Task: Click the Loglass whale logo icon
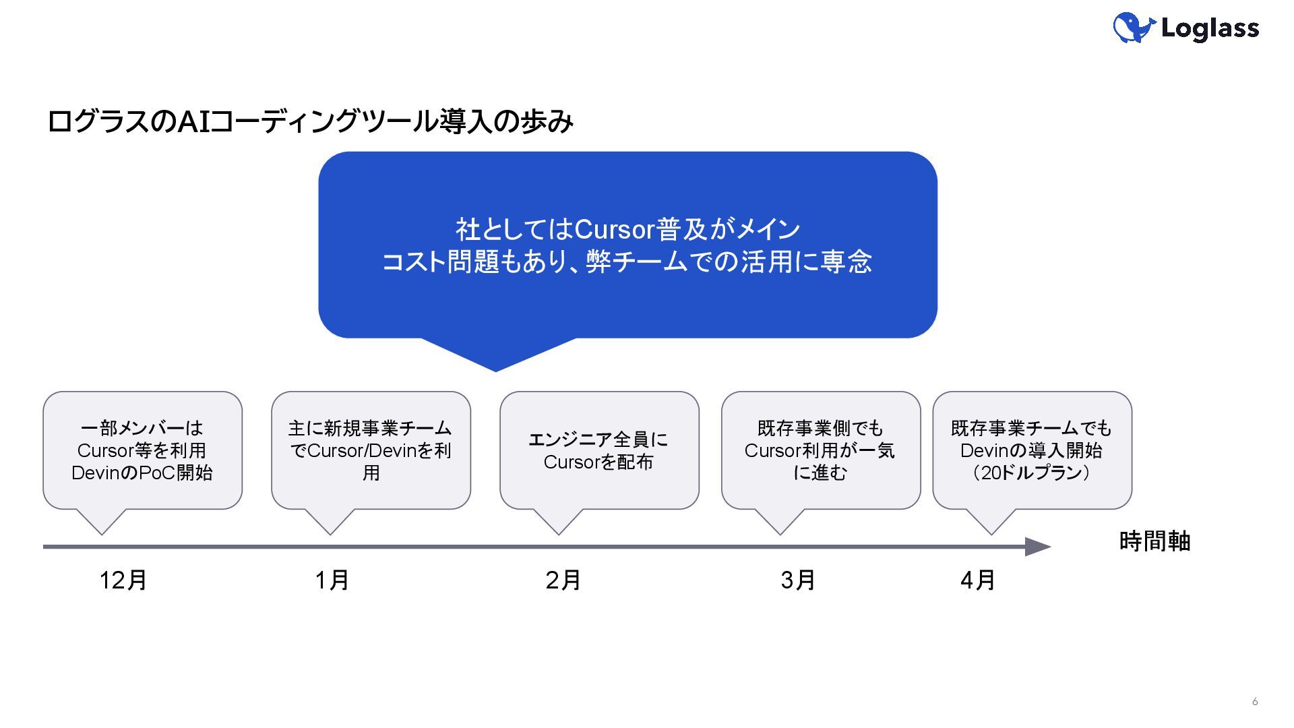(x=1134, y=28)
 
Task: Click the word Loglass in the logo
(x=1210, y=28)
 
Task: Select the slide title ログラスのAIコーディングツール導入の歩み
(x=310, y=121)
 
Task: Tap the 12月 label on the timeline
(x=123, y=580)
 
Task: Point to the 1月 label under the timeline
(x=332, y=580)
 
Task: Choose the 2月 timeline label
(x=563, y=580)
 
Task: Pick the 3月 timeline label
(x=798, y=580)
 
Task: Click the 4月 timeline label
(x=977, y=580)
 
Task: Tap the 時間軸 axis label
(x=1154, y=541)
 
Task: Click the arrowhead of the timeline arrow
(x=1038, y=547)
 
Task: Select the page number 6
(x=1255, y=702)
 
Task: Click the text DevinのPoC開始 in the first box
(x=142, y=473)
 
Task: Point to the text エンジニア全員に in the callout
(x=598, y=439)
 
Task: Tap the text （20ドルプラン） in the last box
(x=1032, y=473)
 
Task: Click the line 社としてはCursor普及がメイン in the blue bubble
(x=627, y=229)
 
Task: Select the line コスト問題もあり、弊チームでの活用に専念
(x=627, y=262)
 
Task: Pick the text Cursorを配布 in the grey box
(x=598, y=462)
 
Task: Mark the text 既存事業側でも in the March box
(x=820, y=428)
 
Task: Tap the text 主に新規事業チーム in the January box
(x=370, y=428)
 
